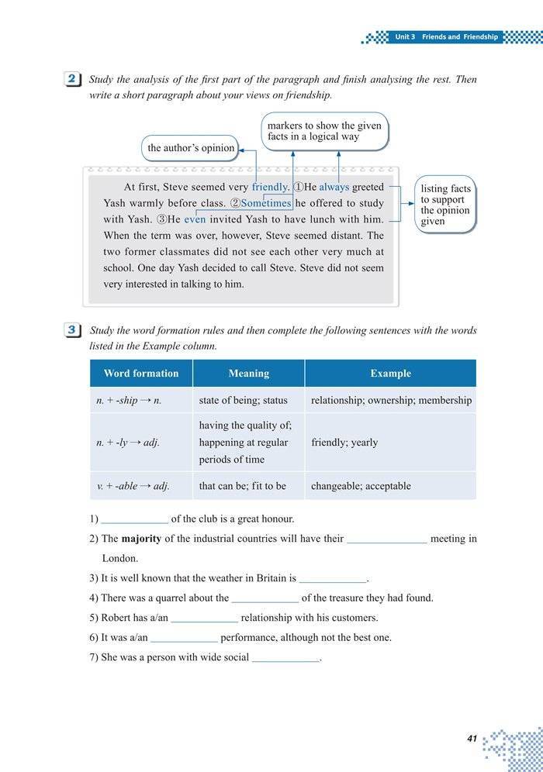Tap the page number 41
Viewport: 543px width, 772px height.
coord(472,739)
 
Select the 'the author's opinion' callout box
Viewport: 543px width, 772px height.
coord(191,148)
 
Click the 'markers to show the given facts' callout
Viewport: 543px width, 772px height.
coord(323,131)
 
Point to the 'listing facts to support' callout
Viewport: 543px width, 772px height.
coord(445,205)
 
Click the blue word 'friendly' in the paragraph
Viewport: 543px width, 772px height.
coord(270,187)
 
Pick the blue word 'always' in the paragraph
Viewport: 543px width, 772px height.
coord(334,187)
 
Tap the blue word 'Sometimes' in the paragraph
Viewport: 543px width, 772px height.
coord(266,203)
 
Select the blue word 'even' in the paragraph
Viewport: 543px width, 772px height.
coord(195,219)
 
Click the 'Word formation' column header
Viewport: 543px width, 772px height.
coord(141,374)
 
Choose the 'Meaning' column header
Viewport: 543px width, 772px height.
coord(248,374)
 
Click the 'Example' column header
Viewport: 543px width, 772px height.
coord(390,374)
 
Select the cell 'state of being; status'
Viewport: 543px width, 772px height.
coord(243,401)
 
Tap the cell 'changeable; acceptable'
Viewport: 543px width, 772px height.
coord(361,486)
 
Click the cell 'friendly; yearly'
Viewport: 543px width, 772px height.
coord(344,443)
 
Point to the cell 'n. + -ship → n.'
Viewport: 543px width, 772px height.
coord(129,401)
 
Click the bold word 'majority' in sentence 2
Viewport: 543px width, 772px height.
coord(143,539)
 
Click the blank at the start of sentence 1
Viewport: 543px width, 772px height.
coord(134,519)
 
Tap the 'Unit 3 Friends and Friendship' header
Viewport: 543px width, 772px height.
coord(446,36)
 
